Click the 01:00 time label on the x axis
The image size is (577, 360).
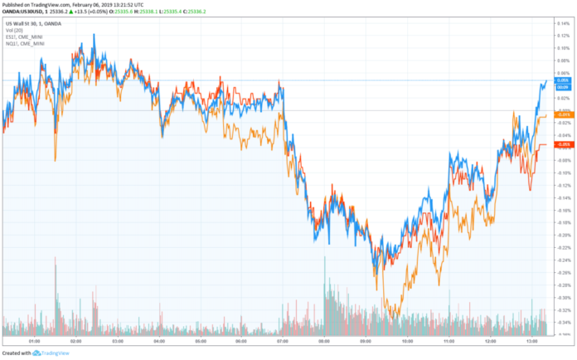(x=34, y=340)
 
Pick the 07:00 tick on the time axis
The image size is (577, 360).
(x=282, y=340)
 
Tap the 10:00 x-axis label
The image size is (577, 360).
(x=406, y=340)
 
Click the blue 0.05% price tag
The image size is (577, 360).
(x=562, y=80)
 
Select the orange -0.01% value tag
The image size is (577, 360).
(x=562, y=114)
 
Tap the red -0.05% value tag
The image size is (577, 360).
(x=562, y=144)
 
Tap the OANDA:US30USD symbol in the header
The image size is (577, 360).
(x=22, y=12)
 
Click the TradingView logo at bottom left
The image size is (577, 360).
(x=51, y=353)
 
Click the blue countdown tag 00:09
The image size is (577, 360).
(x=562, y=86)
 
